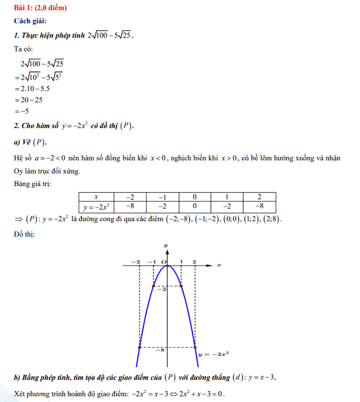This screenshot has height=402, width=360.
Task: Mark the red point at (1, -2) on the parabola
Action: [x=180, y=286]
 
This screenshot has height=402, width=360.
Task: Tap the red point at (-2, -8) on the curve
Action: [x=140, y=348]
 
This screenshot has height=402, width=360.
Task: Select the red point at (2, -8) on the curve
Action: [x=194, y=348]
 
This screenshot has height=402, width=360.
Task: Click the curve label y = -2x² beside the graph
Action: [x=214, y=354]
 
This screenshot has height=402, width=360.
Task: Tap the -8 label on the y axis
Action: [x=161, y=350]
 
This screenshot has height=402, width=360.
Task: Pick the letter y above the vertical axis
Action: [x=166, y=246]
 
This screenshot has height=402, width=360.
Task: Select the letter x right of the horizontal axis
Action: [x=219, y=265]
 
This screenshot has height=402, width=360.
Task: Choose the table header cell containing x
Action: [x=96, y=197]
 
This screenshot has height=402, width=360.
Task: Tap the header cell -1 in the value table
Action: [x=163, y=197]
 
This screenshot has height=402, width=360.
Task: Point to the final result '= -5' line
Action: [x=24, y=111]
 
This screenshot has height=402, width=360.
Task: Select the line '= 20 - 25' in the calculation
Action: [x=31, y=100]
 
